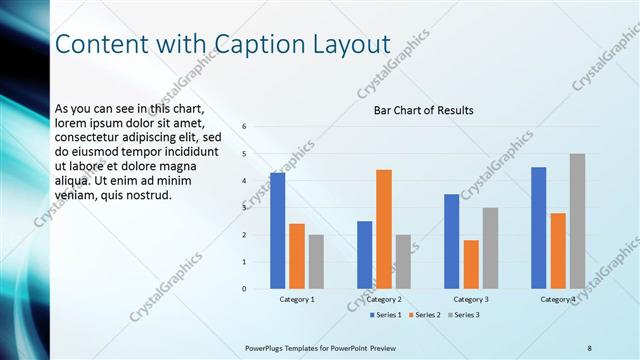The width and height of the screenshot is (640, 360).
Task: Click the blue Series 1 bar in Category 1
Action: coord(277,231)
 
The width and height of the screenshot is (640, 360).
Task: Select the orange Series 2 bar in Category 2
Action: coord(384,229)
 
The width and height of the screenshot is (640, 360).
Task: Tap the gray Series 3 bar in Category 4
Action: coord(577,221)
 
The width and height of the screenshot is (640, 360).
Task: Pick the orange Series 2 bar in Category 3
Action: coord(471,264)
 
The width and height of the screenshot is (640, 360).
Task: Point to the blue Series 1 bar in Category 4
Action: coord(539,228)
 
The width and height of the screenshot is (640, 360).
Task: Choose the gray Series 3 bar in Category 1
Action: coord(316,262)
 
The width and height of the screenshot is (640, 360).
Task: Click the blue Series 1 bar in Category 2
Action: coord(364,255)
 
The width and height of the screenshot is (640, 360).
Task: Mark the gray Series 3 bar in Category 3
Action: coord(490,248)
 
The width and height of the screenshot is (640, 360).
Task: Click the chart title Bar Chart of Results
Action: coord(423,110)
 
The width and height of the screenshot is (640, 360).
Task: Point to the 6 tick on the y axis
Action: coord(244,126)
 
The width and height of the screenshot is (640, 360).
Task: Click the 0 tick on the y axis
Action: coord(244,289)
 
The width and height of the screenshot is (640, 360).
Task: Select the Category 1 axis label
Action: coord(297,299)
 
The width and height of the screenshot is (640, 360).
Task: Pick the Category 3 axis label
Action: coord(471,299)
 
